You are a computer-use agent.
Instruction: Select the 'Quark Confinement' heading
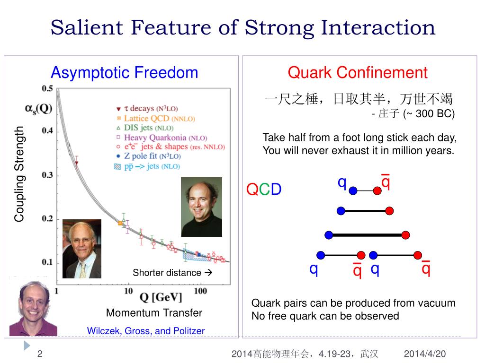pos(358,72)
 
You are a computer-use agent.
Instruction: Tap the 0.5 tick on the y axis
pos(47,88)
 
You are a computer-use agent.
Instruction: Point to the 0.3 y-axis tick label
pos(47,175)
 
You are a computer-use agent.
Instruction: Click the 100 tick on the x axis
pos(200,291)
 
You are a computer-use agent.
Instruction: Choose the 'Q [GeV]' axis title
pos(161,297)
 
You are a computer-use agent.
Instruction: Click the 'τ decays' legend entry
pos(147,108)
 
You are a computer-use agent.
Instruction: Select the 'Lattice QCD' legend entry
pos(156,119)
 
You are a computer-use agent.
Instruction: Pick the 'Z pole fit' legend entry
pos(148,156)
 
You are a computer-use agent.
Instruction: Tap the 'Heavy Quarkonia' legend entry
pos(162,138)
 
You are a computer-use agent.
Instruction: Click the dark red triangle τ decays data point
pos(77,163)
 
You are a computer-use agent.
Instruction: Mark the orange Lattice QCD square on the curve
pos(120,223)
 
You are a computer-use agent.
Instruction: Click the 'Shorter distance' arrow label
pos(172,273)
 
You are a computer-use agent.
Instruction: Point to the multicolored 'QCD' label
pos(264,189)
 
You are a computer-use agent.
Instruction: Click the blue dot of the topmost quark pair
pos(353,191)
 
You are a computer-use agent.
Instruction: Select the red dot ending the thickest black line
pos(405,235)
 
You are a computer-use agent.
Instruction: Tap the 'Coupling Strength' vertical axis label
pos(19,174)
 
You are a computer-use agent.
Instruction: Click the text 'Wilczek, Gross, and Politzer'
pos(146,331)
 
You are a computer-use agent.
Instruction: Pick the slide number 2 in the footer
pos(40,354)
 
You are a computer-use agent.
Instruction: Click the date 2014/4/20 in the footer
pos(425,354)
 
